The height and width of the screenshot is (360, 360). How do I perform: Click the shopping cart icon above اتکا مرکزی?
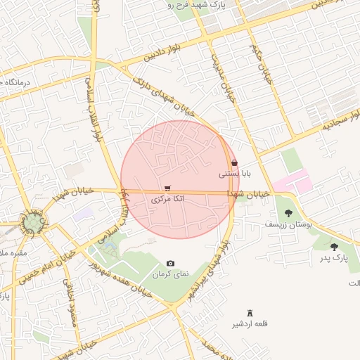(167, 188)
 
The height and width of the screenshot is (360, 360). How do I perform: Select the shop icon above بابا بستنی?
(234, 162)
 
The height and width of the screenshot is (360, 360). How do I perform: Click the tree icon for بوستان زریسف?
(288, 212)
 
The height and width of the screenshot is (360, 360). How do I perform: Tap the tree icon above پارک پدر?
(333, 247)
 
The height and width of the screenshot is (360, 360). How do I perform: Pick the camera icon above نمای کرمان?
(170, 263)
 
